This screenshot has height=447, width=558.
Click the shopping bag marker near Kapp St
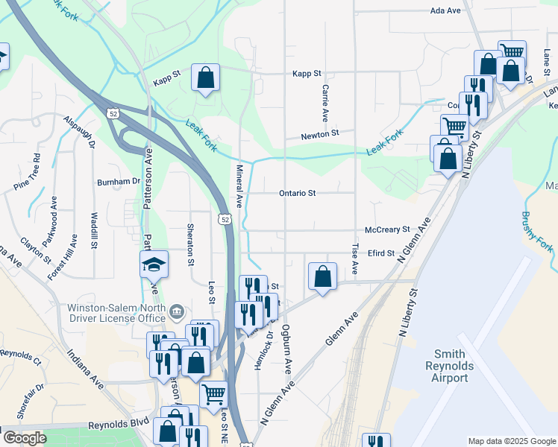205,77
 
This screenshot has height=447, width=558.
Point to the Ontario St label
298,193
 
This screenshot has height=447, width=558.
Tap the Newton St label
320,134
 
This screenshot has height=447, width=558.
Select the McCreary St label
388,230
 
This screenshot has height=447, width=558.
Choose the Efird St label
380,253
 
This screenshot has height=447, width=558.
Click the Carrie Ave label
325,103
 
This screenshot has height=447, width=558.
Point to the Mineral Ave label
240,186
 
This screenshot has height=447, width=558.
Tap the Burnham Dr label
119,181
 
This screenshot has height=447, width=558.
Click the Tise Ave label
355,256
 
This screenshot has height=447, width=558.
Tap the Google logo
25,438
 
